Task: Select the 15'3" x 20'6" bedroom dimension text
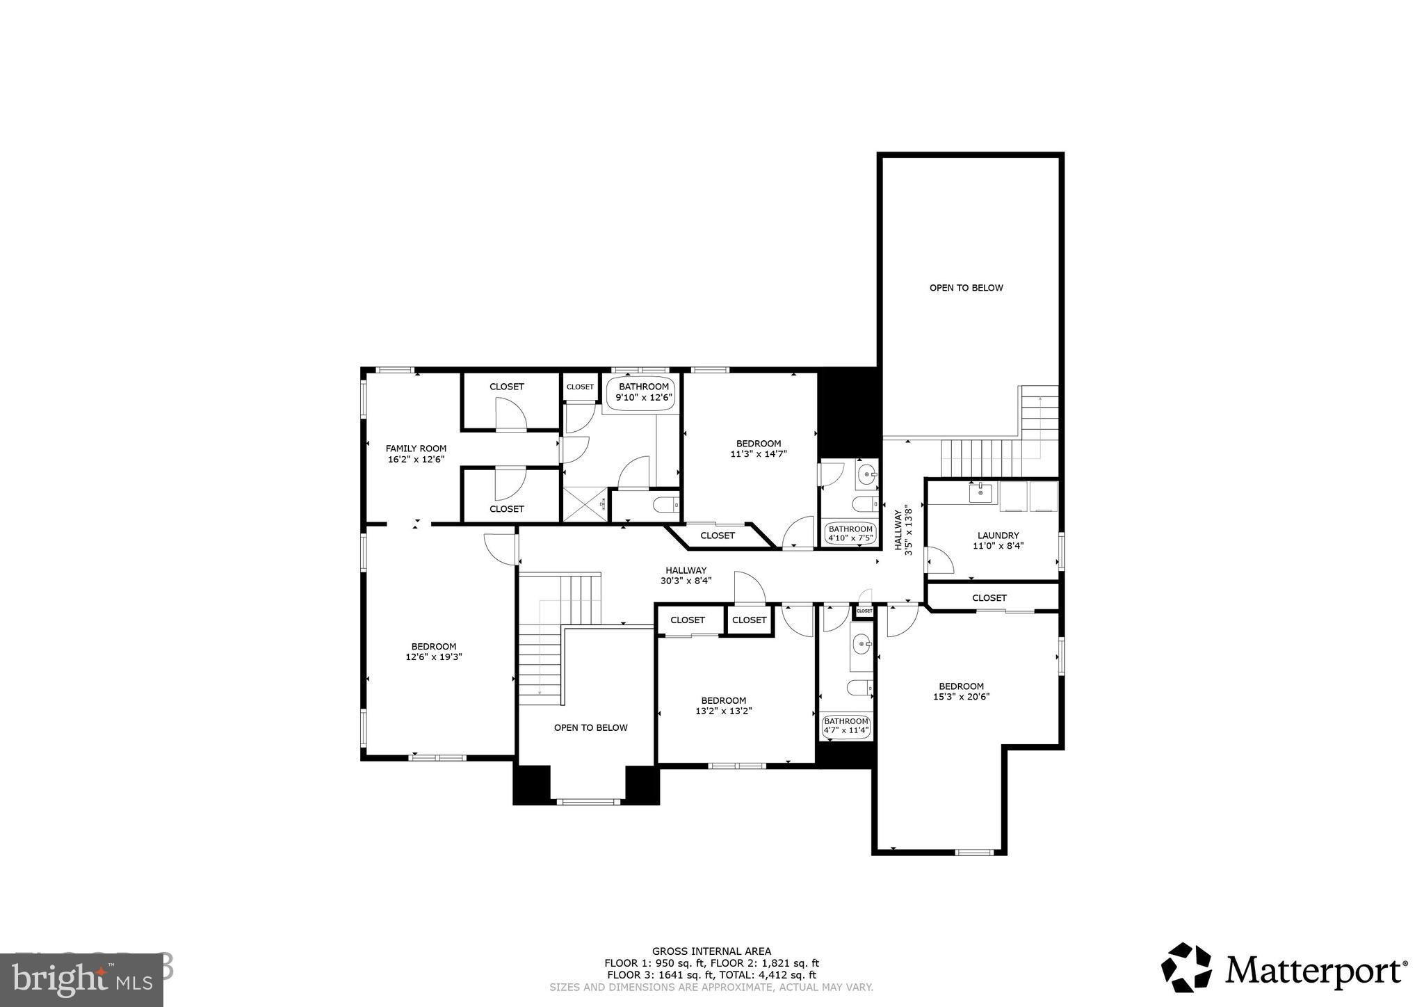click(961, 696)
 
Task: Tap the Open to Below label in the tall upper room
click(966, 288)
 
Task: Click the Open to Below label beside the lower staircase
click(590, 727)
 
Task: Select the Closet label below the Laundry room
click(989, 597)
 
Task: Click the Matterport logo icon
click(1186, 967)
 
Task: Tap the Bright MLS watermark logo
click(81, 980)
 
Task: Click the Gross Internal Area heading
click(711, 951)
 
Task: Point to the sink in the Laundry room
click(980, 493)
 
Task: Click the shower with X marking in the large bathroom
click(585, 504)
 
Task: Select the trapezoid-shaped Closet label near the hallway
click(717, 535)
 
